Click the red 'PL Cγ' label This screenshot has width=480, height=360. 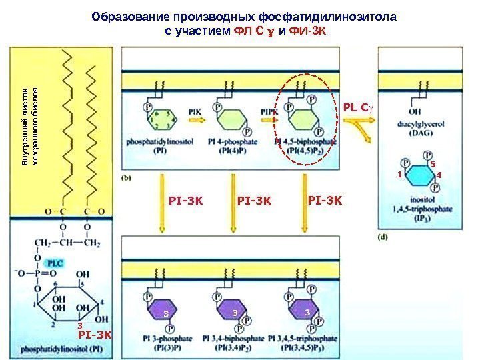coord(355,106)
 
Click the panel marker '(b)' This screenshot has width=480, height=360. coord(126,178)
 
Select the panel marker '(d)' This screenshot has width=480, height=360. coord(383,236)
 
